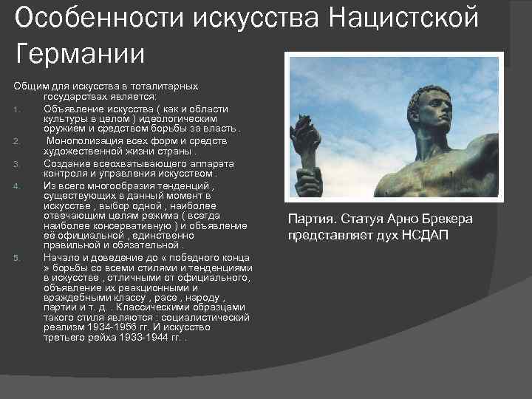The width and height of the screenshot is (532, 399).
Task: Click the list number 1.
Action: coord(16,109)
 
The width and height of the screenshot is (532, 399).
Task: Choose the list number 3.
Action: coord(16,163)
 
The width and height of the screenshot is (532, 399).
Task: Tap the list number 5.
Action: coord(16,257)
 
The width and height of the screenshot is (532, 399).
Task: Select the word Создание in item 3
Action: coord(65,163)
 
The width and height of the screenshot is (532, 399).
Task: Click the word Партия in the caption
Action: coord(309,219)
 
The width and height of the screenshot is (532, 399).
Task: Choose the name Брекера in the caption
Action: coord(443,219)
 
